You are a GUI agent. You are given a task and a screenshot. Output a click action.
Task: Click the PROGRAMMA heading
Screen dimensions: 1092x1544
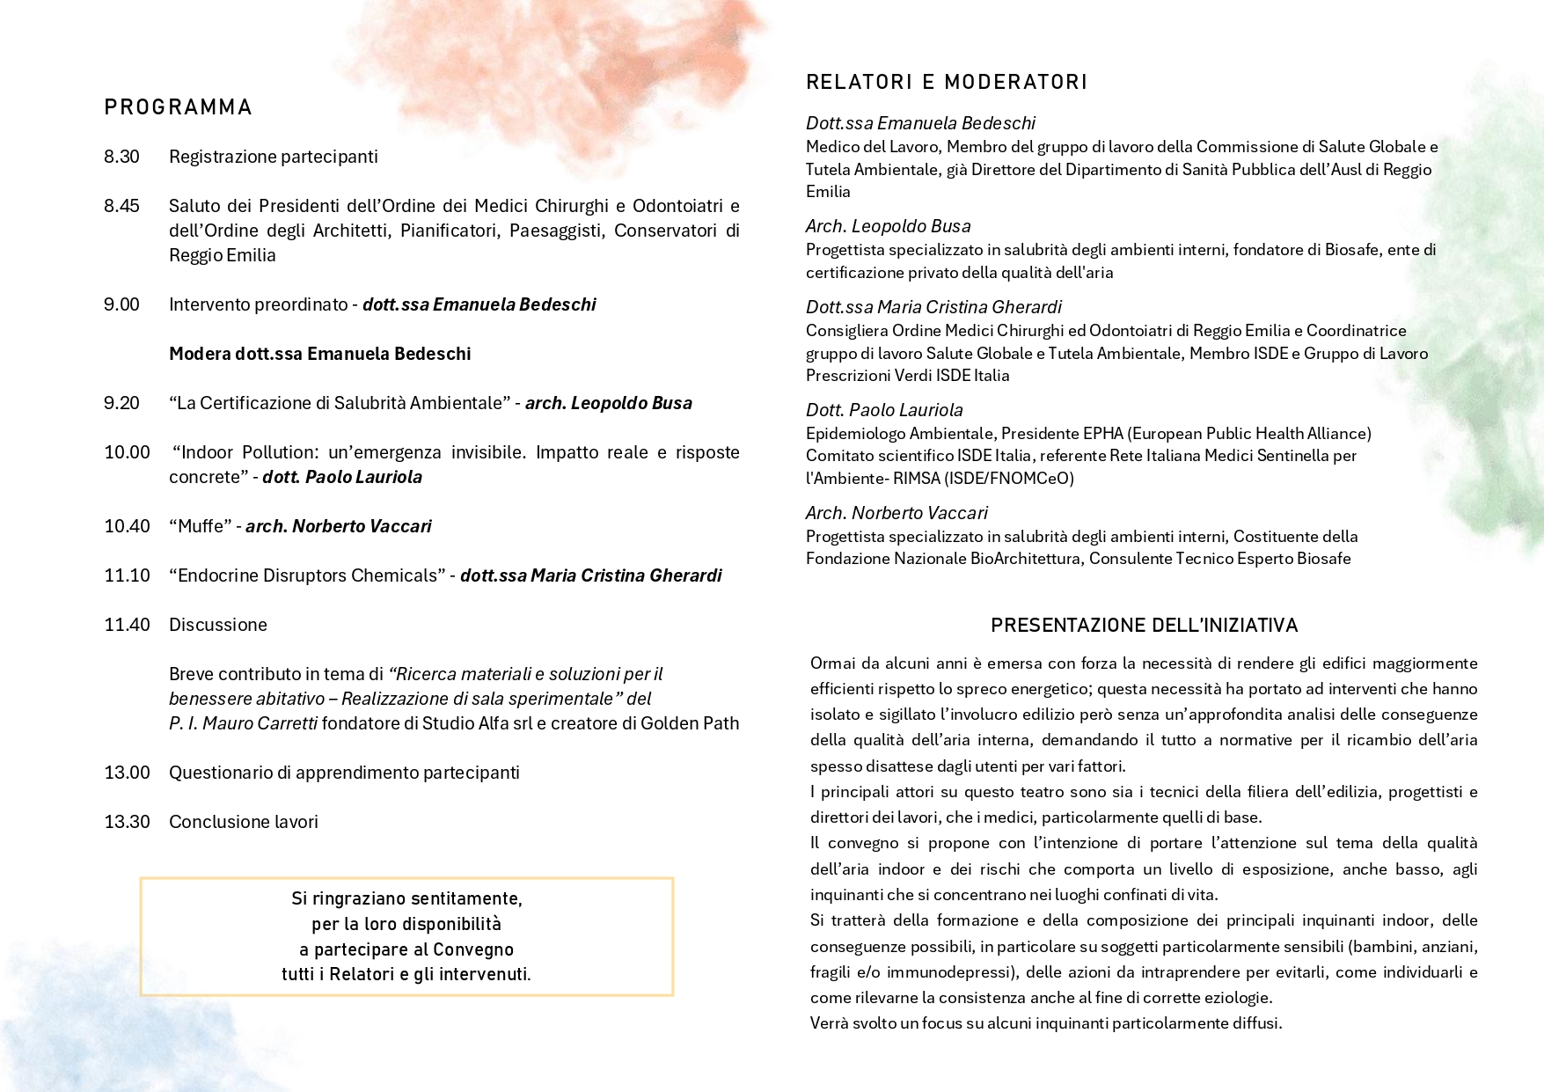tap(178, 107)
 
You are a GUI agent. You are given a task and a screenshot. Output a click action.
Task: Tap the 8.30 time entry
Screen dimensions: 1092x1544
tap(121, 157)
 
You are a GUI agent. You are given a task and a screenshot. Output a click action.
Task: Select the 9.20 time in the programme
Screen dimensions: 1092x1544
tap(121, 403)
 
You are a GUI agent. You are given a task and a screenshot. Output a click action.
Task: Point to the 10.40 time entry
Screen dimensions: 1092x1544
tap(127, 526)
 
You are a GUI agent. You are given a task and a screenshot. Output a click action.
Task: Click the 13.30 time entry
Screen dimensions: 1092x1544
tap(127, 822)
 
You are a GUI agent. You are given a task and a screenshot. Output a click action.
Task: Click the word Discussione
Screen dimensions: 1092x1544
tap(218, 625)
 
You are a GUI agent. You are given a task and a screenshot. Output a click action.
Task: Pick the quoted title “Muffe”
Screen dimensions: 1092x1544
tap(200, 526)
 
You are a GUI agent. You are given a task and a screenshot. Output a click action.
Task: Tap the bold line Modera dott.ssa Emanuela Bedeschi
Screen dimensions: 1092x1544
tap(319, 354)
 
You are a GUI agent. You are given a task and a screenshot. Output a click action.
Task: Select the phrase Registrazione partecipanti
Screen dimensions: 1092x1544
tap(274, 157)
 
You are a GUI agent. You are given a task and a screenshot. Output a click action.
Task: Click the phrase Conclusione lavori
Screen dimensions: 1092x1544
tap(244, 822)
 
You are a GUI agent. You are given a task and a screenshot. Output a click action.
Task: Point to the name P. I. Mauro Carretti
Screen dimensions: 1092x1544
tap(243, 723)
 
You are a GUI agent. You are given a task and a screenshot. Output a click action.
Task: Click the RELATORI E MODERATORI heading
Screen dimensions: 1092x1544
tap(947, 82)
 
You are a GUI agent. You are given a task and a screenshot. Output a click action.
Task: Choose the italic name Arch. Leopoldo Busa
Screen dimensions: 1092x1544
tap(889, 226)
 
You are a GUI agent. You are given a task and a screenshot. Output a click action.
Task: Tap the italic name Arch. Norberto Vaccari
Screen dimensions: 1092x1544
tap(896, 513)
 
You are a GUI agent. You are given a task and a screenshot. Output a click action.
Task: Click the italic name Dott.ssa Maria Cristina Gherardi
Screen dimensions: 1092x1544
tap(933, 307)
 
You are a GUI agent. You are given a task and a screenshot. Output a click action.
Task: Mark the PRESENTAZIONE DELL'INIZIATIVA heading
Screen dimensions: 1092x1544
tap(1144, 626)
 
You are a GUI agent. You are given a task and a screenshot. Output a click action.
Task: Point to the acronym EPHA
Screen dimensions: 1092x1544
tap(1103, 434)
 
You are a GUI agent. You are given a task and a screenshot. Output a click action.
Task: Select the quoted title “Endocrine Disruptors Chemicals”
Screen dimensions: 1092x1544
tap(307, 575)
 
